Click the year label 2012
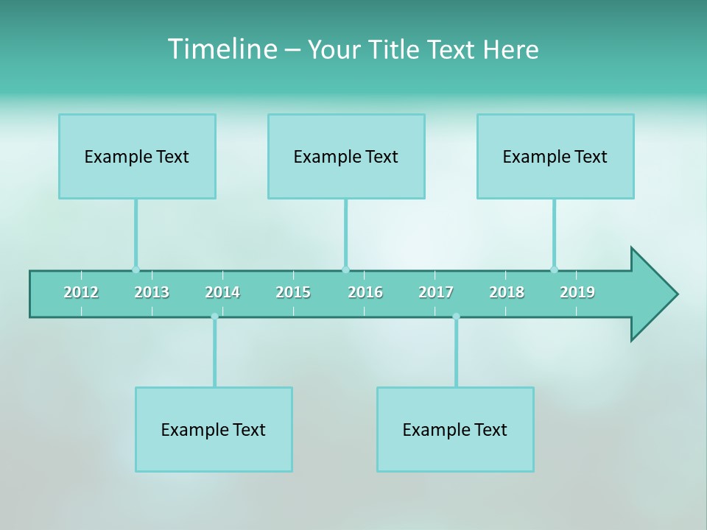81,292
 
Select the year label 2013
152,292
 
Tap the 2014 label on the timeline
222,292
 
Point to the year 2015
293,292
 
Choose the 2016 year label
365,292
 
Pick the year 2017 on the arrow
436,292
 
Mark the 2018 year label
507,292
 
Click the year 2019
577,292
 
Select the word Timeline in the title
222,49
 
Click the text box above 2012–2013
137,156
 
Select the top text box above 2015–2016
346,156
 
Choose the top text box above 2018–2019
555,156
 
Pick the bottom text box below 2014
214,429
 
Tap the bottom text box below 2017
455,429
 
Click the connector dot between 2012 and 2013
136,269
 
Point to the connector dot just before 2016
345,269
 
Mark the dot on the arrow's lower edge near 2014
214,317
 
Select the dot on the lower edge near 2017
456,317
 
